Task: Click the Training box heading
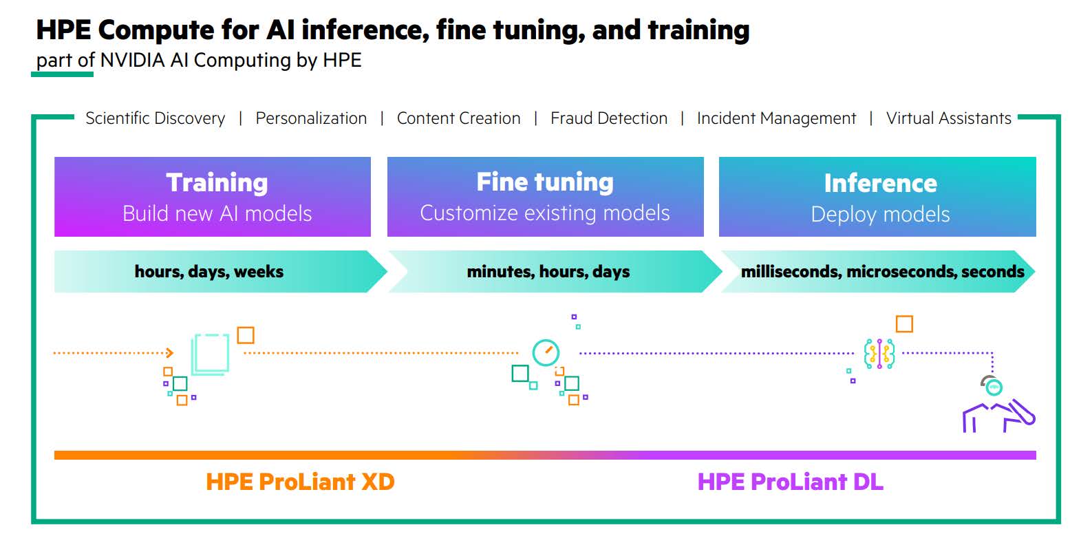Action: tap(217, 183)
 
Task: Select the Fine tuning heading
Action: tap(545, 182)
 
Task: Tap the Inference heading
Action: tap(881, 183)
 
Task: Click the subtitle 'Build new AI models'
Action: tap(217, 213)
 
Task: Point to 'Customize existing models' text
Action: tap(545, 213)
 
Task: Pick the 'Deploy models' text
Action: tap(881, 215)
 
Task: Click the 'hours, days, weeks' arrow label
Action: tap(208, 272)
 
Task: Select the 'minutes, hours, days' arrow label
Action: tap(548, 272)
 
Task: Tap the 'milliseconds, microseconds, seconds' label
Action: tap(882, 272)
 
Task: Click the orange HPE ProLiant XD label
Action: tap(300, 482)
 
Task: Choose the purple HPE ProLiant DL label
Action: tap(790, 482)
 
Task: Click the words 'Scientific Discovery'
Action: tap(155, 118)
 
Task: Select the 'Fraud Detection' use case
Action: tap(609, 118)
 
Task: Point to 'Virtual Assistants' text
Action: tap(949, 118)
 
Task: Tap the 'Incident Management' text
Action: tap(777, 118)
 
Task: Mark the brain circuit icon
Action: tap(879, 353)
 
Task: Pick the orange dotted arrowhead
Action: tap(170, 352)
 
